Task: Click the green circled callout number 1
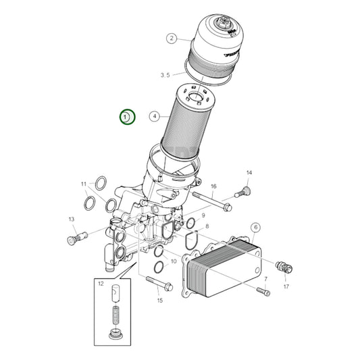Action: click(128, 117)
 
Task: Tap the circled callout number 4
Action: click(155, 116)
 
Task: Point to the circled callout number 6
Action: click(256, 228)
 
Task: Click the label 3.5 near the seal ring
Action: click(165, 74)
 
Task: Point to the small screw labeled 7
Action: click(263, 290)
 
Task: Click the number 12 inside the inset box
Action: click(101, 285)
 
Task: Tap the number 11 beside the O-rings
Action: click(84, 184)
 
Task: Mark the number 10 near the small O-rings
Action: click(174, 261)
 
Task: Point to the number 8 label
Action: click(207, 227)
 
